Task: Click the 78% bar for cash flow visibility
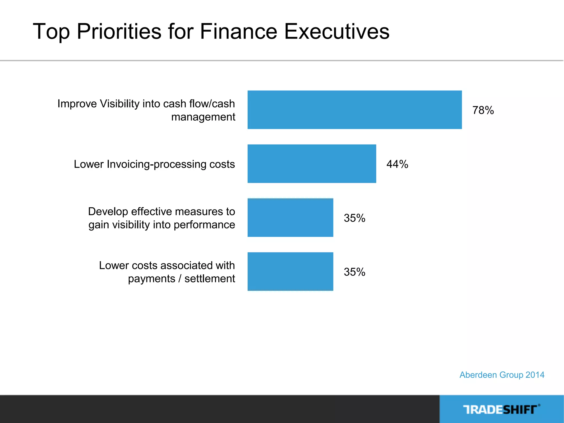pos(354,110)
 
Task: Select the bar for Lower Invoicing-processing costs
pos(312,164)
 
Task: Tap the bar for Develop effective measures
pos(290,218)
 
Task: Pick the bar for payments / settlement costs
pos(290,272)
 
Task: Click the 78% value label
pos(483,110)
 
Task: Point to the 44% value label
pos(397,164)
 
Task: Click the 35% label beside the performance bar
pos(354,218)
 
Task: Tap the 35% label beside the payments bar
pos(354,272)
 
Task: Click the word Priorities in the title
pos(119,31)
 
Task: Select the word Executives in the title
pos(337,31)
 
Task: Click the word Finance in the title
pos(238,31)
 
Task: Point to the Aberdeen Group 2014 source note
pos(502,375)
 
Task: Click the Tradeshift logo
pos(501,410)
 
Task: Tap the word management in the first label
pos(203,117)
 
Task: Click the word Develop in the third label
pos(108,211)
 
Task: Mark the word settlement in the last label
pos(210,279)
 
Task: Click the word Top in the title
pos(51,31)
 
